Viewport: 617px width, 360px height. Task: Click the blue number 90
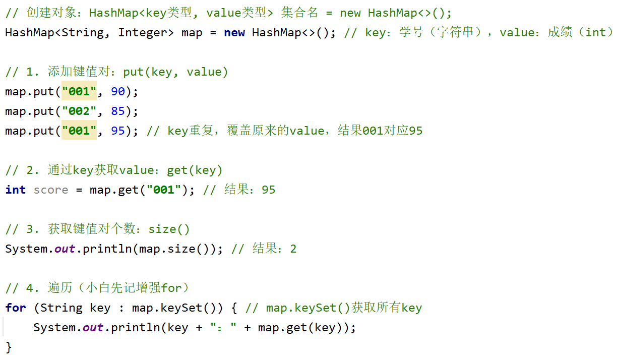tap(118, 91)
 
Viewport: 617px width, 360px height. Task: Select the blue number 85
tap(118, 111)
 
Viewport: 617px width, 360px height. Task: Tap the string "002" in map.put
tap(79, 111)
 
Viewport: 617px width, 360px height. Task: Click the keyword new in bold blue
tap(234, 32)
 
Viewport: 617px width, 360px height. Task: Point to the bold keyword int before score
tap(16, 190)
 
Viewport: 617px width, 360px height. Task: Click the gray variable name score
tap(51, 190)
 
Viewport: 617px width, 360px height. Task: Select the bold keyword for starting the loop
tap(16, 308)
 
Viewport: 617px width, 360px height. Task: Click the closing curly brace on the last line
tap(9, 347)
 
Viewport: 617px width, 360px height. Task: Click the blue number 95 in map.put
tap(118, 131)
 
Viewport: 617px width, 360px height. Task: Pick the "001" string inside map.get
tap(164, 190)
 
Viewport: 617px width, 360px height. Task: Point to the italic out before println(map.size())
tap(65, 249)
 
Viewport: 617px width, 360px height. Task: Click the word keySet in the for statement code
tap(181, 308)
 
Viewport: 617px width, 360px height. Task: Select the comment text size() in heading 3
tap(169, 229)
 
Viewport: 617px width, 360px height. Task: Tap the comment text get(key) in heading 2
tap(195, 170)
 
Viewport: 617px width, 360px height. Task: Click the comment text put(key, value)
tap(175, 72)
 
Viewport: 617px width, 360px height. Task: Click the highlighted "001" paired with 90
tap(79, 91)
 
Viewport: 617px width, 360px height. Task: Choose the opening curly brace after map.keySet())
tap(234, 308)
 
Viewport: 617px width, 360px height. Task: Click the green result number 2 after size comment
tap(293, 249)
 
